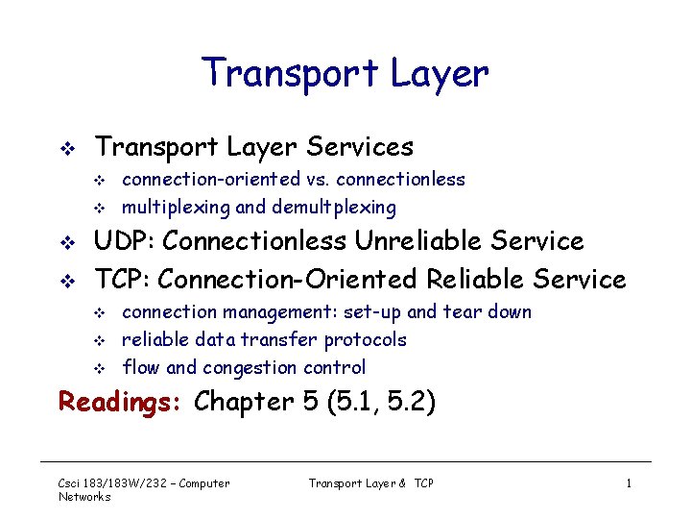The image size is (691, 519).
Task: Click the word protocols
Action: tap(365, 339)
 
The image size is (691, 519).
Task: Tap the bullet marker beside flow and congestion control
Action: tap(97, 368)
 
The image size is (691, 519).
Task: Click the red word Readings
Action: tap(121, 402)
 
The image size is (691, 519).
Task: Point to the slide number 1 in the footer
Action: tap(629, 483)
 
